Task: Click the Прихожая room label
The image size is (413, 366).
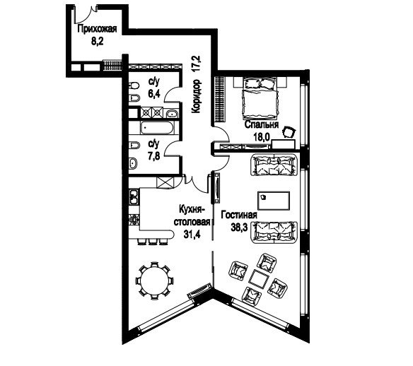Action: coord(97,29)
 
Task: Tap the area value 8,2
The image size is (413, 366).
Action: coord(97,42)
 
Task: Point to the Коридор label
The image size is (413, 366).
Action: coord(197,96)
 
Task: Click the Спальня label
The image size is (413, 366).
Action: coord(261,124)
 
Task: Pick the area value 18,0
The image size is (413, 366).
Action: coord(262,137)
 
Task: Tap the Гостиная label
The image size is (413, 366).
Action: coord(239,215)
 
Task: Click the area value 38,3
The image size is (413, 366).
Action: coord(239,228)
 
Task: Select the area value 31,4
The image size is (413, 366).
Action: coord(192,234)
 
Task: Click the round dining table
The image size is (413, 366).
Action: coord(155,281)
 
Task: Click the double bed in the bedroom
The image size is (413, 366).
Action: coord(260,98)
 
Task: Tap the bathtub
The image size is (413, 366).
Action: coord(157,128)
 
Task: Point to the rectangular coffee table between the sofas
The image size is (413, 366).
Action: coord(274,201)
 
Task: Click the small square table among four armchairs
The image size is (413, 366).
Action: coord(259,279)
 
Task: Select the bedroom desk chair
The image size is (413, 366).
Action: coord(289,132)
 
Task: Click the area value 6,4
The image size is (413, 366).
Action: coord(154,94)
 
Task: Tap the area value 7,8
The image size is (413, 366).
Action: coord(154,156)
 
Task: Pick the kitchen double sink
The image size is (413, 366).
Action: coord(134,197)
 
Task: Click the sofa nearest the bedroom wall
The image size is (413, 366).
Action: coord(274,165)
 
